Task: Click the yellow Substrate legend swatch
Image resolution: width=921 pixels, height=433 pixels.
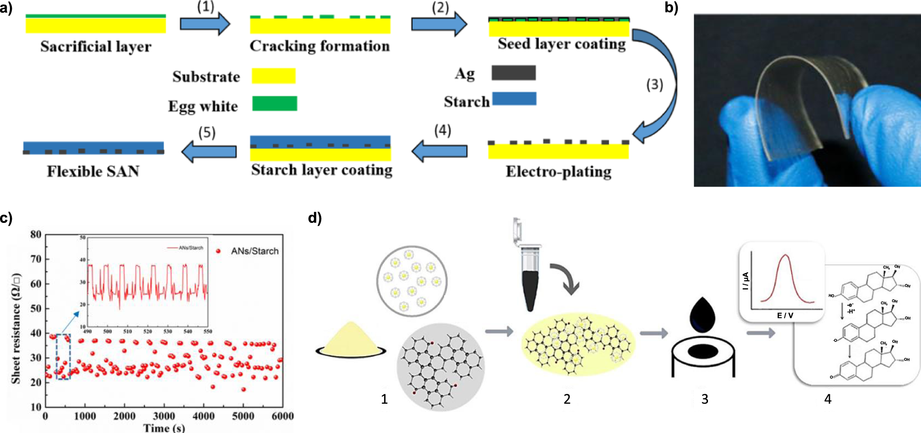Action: point(273,76)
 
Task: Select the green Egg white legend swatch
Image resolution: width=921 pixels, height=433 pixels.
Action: point(274,103)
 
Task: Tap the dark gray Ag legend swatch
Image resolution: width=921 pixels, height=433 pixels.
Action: point(513,73)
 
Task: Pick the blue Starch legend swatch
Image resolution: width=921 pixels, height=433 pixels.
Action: point(514,98)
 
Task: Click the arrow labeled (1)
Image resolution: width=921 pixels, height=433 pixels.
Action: point(205,24)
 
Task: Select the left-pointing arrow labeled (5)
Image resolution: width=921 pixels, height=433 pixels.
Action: point(209,151)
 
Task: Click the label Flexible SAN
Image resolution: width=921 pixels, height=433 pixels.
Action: point(93,171)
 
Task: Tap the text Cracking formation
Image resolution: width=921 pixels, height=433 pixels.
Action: point(320,46)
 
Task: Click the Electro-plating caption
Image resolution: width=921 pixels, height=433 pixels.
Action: point(558,171)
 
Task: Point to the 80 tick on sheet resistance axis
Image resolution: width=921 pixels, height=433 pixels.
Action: point(36,235)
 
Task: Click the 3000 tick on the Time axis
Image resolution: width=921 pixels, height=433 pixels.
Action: point(164,416)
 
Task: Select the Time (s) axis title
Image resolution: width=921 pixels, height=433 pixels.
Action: point(164,428)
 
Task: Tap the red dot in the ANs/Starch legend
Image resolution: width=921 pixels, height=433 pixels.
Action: point(218,251)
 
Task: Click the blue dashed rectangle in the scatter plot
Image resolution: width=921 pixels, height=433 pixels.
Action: point(63,357)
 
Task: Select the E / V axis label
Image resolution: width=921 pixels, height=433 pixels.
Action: point(785,315)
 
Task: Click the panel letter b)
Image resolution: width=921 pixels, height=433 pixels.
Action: point(671,8)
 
